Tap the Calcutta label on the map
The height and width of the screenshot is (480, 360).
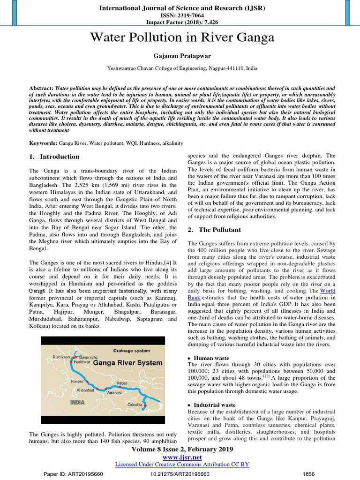135,402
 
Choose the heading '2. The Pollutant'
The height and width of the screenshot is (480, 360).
214,230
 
